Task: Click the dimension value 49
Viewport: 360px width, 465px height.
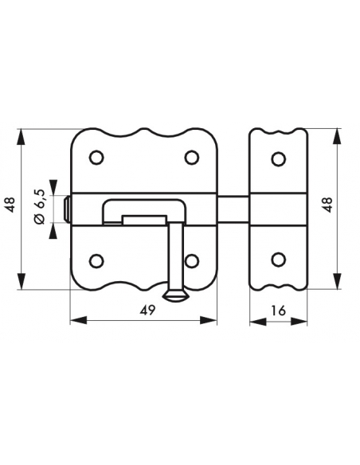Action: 148,311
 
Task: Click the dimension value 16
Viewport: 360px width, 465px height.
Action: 278,311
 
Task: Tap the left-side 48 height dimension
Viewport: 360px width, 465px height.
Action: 10,205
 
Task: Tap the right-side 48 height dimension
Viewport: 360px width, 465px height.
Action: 327,205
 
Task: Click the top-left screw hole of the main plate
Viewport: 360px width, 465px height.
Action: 96,157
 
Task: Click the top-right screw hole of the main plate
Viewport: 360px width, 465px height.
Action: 192,157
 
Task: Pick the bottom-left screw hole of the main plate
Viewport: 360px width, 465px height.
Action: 96,261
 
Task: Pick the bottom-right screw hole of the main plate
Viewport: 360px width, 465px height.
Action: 192,261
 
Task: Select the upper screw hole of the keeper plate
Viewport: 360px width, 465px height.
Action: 278,158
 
